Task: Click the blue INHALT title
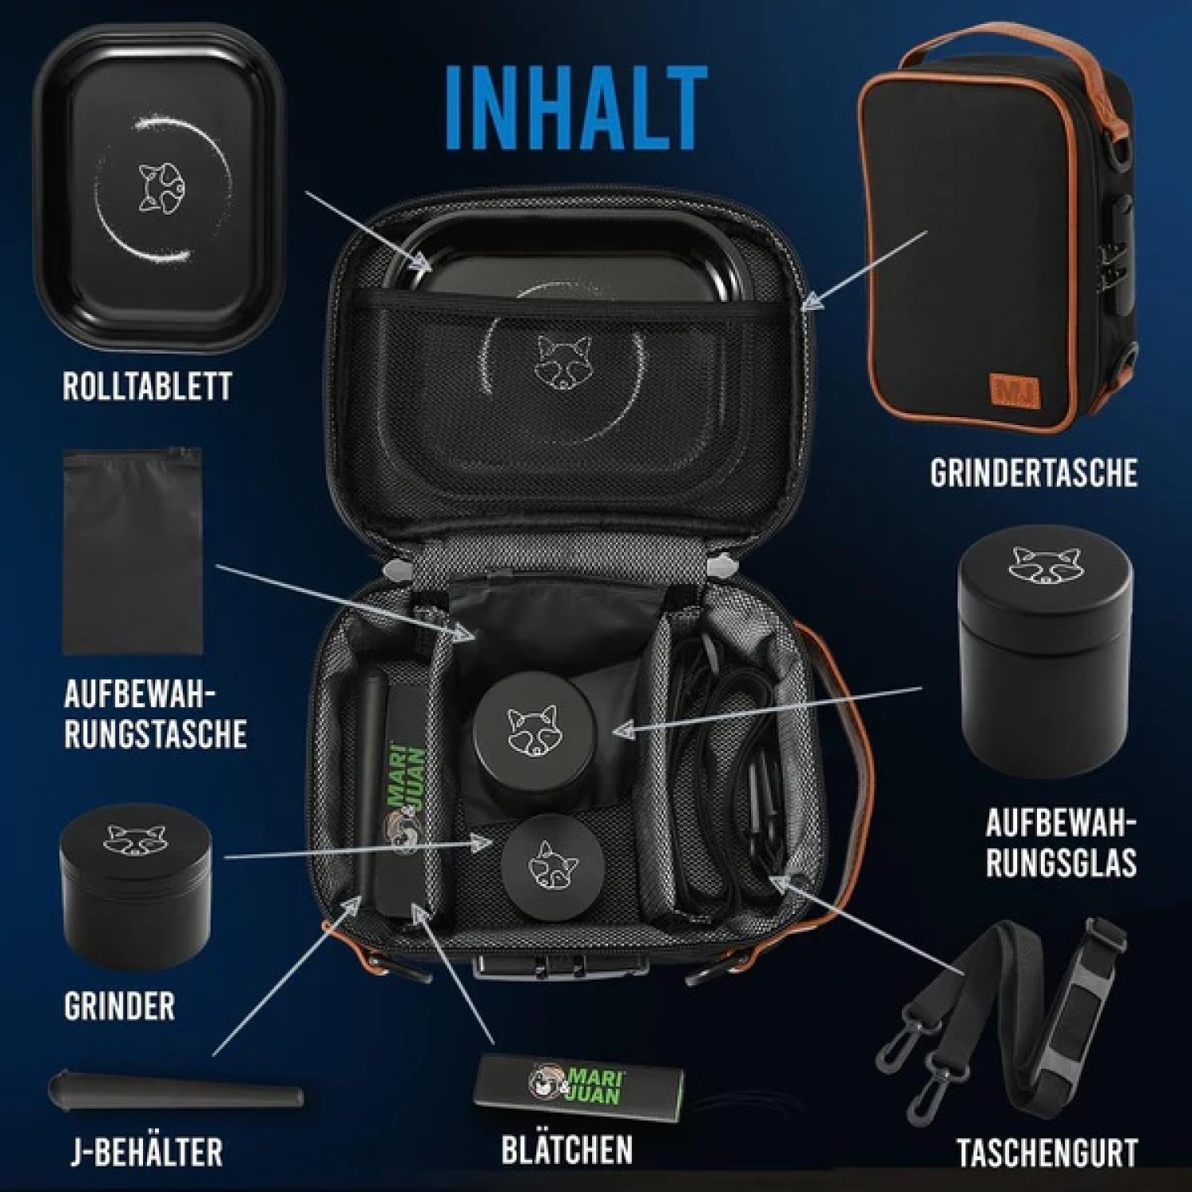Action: point(578,109)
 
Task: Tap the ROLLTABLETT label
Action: point(148,386)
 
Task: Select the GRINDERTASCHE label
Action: point(1034,473)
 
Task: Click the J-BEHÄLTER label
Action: point(146,1151)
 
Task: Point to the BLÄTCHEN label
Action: point(567,1149)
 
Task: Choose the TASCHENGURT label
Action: point(1047,1153)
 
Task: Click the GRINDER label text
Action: point(119,1006)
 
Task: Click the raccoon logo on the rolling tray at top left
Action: point(157,188)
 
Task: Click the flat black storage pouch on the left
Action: point(132,551)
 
